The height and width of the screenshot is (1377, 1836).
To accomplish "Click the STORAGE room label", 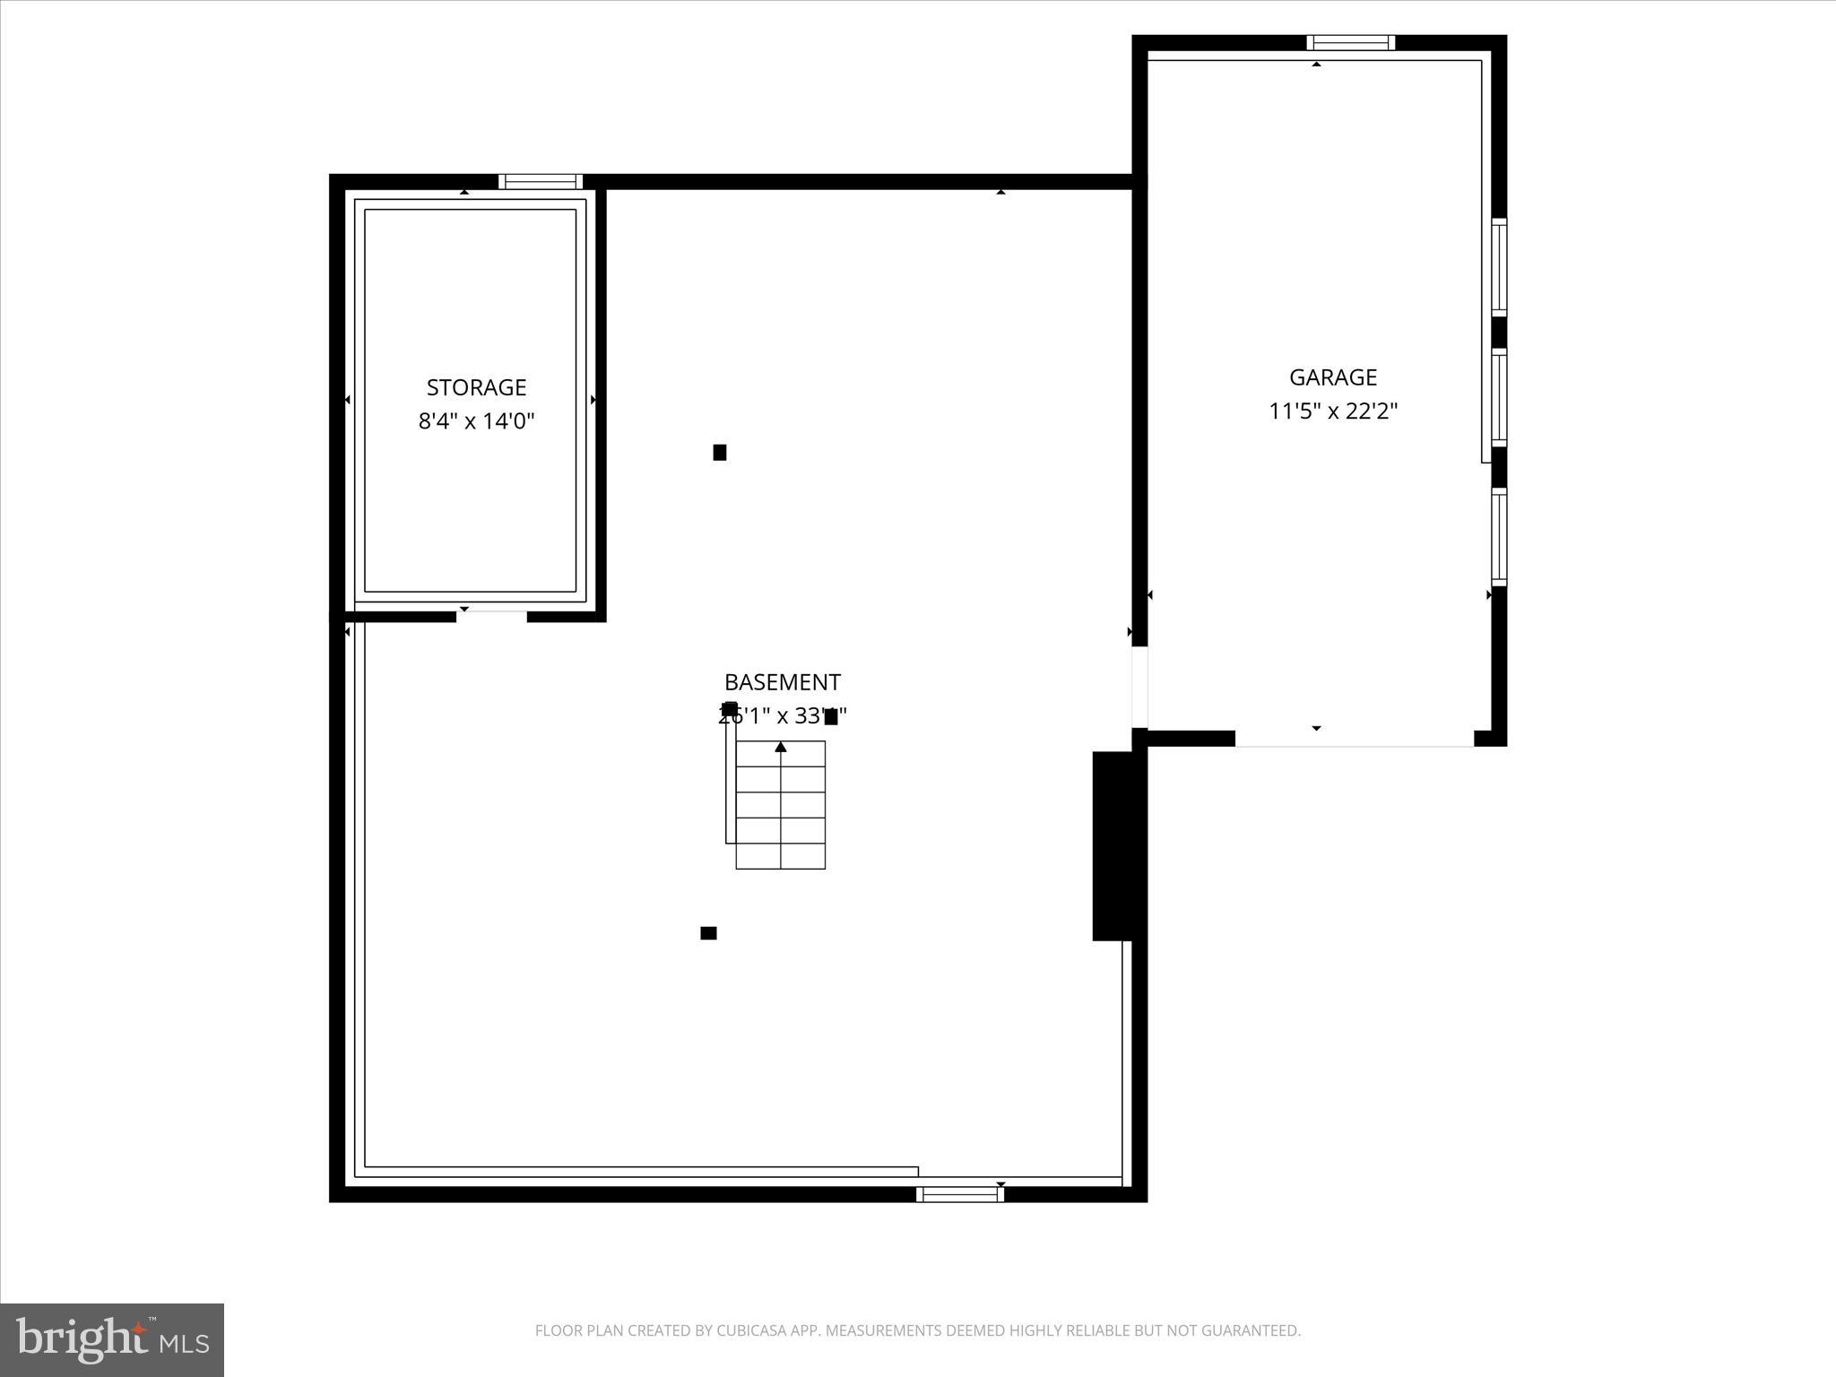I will (x=476, y=387).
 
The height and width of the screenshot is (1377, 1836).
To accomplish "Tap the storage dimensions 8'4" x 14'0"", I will (x=476, y=420).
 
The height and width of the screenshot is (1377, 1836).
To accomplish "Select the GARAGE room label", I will (x=1333, y=377).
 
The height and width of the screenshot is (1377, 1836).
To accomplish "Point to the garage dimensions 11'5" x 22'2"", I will (x=1333, y=411).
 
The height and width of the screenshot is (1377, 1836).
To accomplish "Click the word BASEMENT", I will (x=782, y=682).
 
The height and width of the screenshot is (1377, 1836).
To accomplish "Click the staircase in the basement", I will (x=780, y=805).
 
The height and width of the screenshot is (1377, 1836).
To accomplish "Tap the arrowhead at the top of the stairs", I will (x=781, y=747).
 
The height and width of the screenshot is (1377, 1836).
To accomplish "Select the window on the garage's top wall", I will (x=1350, y=42).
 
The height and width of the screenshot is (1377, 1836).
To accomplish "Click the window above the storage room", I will (x=541, y=181).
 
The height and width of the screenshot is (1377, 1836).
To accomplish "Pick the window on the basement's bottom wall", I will (x=959, y=1193).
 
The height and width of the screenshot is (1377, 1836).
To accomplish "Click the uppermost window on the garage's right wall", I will (x=1499, y=267).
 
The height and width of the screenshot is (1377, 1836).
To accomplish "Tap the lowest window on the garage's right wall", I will (x=1499, y=536).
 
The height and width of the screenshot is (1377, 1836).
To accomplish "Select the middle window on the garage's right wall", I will (x=1499, y=397).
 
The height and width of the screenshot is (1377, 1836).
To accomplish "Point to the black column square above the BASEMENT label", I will (x=720, y=453).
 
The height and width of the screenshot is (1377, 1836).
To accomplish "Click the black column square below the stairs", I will (x=708, y=933).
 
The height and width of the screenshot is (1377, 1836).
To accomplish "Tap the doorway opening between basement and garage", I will (x=1139, y=687).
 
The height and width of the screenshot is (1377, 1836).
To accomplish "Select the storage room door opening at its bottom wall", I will (x=491, y=616).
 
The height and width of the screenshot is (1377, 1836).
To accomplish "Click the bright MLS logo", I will (x=112, y=1339).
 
